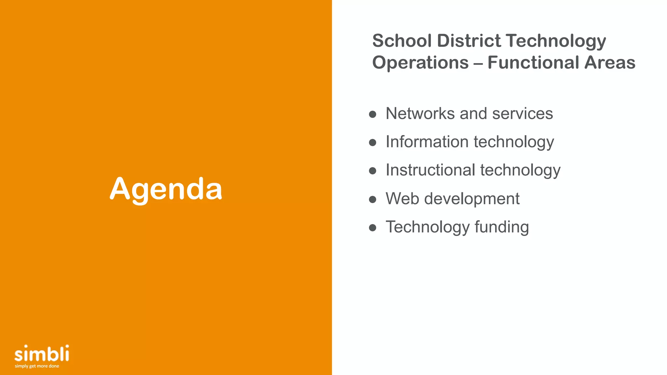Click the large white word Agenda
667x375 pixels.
pos(166,189)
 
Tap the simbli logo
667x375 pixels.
pos(42,354)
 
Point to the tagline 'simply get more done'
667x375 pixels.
pos(37,366)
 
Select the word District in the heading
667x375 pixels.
pos(469,41)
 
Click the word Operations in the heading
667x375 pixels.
pos(420,62)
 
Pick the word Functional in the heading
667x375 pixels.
pos(533,62)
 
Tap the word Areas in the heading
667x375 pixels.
pos(610,62)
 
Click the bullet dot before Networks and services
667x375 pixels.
pos(373,114)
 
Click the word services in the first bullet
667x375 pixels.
pos(522,114)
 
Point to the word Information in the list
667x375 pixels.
pos(427,142)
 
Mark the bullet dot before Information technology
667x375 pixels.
pos(373,143)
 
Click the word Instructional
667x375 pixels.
pos(430,170)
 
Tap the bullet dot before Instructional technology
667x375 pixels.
pos(373,171)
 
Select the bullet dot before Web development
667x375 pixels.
pos(373,199)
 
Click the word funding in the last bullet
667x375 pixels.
pos(502,227)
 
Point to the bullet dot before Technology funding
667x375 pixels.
pos(373,228)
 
